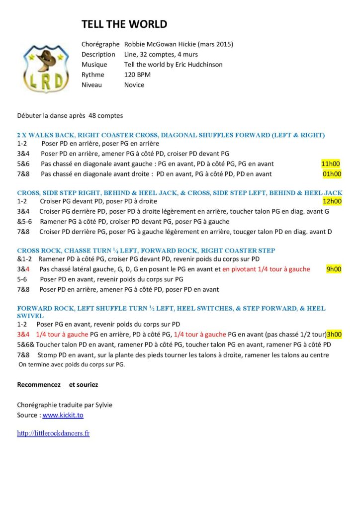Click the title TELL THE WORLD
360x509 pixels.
(x=124, y=24)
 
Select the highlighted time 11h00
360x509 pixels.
(x=331, y=164)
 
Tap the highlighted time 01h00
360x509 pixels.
(x=332, y=174)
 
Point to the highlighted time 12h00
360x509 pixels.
(x=332, y=201)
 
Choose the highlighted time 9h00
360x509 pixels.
(x=334, y=269)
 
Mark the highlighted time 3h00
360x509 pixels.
(x=334, y=335)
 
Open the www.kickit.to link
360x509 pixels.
(x=63, y=415)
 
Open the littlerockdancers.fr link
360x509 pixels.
(x=53, y=433)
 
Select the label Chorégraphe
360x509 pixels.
(x=100, y=44)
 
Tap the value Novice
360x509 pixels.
(x=134, y=85)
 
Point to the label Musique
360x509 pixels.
(x=94, y=65)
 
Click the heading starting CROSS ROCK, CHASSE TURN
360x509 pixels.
(x=146, y=251)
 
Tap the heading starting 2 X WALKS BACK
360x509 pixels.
(x=171, y=135)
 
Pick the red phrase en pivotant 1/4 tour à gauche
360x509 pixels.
(x=266, y=269)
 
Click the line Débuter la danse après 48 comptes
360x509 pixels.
(x=70, y=116)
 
